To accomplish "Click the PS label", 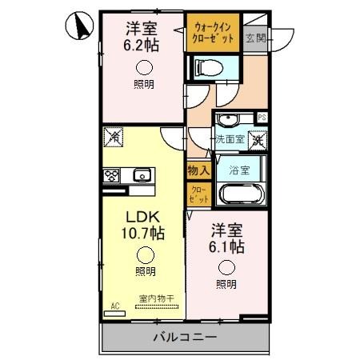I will (261, 118).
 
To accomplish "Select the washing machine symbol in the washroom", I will (258, 140).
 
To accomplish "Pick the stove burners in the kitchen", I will (110, 176).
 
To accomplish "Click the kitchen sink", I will (142, 175).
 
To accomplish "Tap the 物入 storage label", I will (198, 170).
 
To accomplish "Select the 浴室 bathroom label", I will (239, 170).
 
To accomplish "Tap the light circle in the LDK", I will (145, 255).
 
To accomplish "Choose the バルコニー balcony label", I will (183, 338).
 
